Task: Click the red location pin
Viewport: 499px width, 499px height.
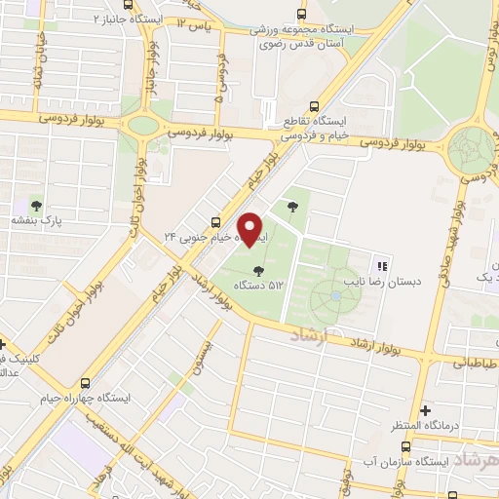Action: click(x=252, y=230)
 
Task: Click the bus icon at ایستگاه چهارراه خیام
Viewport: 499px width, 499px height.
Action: click(x=86, y=383)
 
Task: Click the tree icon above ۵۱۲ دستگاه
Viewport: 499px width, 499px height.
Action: click(x=257, y=270)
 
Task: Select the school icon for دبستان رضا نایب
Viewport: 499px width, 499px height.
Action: click(x=382, y=264)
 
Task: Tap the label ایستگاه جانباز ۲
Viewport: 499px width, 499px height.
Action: click(x=109, y=19)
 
